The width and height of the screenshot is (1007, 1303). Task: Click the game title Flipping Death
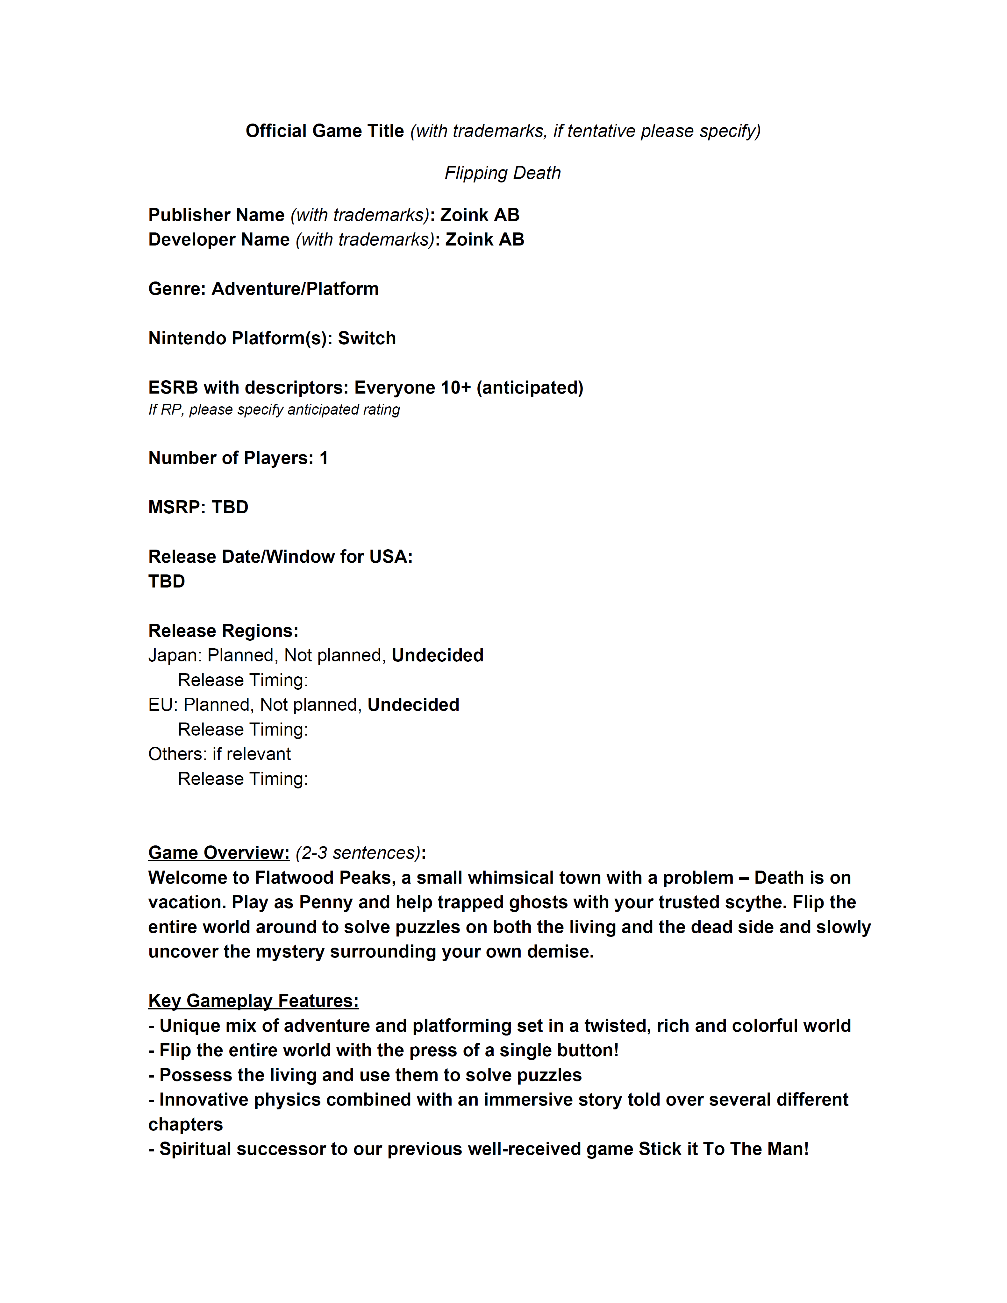(502, 173)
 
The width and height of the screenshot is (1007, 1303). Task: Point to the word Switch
(367, 338)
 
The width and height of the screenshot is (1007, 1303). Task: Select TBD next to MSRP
(230, 507)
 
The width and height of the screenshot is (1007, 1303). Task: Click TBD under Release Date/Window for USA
(167, 581)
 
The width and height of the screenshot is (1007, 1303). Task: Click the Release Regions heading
(223, 630)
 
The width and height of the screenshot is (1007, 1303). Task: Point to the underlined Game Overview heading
(219, 852)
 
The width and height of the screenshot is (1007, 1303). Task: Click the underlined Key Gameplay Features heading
(254, 1000)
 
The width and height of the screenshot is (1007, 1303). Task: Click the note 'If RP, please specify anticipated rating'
(274, 410)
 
